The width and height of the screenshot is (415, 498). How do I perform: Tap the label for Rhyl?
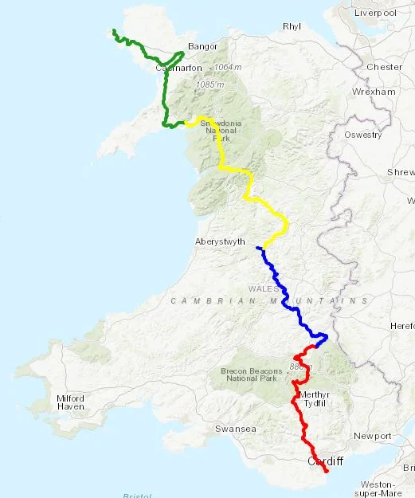(x=292, y=26)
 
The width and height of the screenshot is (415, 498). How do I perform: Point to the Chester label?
(x=385, y=67)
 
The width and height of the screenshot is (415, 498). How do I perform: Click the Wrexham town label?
(x=376, y=92)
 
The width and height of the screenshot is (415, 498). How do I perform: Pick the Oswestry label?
(x=363, y=135)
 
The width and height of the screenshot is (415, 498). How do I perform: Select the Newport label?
(x=373, y=436)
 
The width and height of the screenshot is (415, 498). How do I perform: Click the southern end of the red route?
(x=327, y=472)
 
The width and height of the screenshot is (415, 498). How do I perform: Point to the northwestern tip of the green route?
(x=114, y=30)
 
